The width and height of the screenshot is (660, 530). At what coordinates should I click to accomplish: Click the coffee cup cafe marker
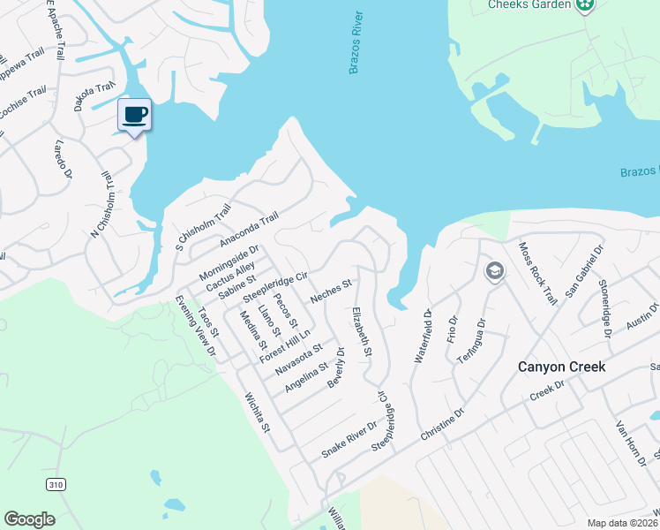[x=134, y=115]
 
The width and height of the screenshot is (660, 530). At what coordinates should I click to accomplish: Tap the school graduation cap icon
[x=494, y=270]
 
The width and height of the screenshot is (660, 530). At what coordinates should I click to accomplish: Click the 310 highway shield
[x=55, y=484]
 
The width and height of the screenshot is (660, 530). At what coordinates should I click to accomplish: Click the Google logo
[x=29, y=519]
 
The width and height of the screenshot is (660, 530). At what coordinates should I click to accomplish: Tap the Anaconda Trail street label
[x=249, y=228]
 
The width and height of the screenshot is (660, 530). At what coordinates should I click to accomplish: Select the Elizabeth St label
[x=362, y=332]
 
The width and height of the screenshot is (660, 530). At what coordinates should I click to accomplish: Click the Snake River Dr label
[x=349, y=439]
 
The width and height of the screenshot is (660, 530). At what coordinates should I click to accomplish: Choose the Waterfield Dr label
[x=421, y=337]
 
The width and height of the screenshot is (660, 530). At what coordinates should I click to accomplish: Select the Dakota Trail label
[x=95, y=95]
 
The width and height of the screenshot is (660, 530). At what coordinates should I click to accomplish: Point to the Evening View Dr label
[x=197, y=326]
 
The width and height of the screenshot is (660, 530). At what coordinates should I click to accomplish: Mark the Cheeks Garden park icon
[x=583, y=6]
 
